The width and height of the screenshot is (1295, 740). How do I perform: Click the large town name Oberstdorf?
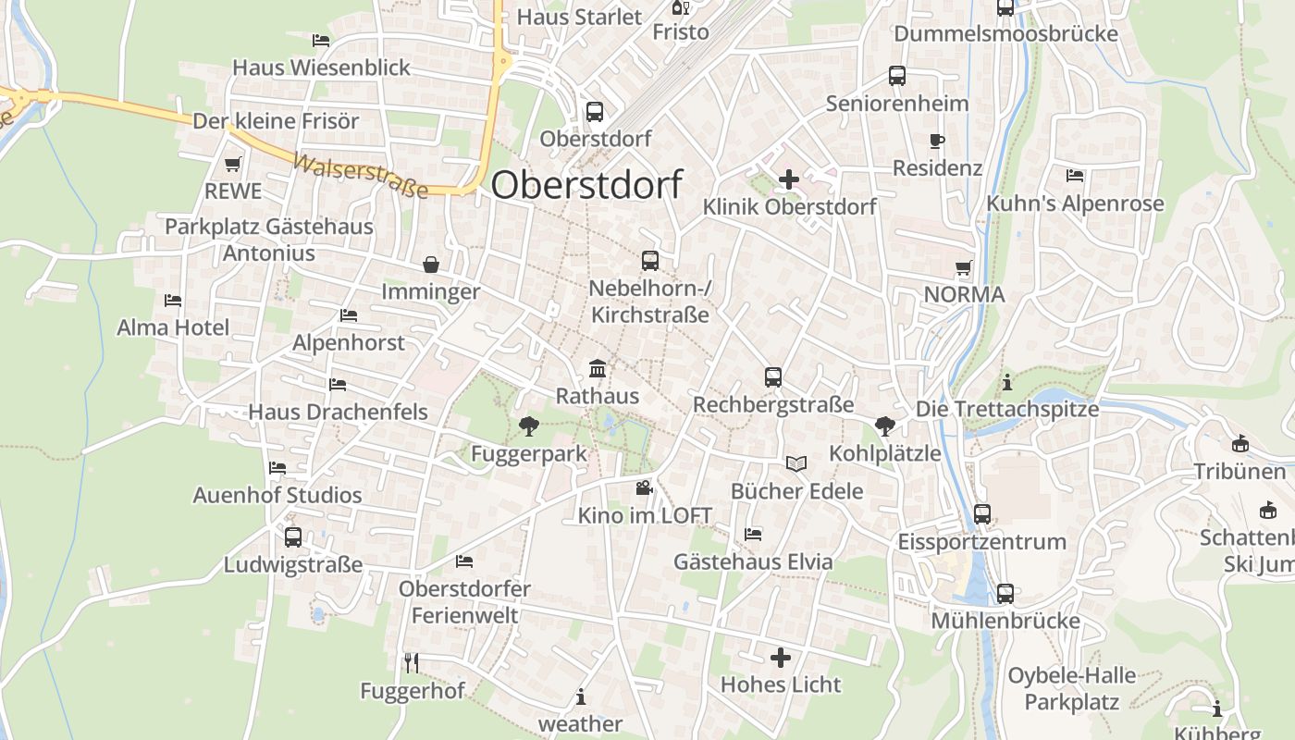[586, 184]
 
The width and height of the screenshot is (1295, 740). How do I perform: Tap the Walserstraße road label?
[361, 176]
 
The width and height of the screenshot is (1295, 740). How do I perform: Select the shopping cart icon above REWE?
[232, 165]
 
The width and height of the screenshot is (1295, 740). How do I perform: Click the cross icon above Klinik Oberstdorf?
[789, 179]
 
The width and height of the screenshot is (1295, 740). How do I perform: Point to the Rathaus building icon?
[598, 369]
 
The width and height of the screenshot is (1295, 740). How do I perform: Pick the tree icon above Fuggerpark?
[529, 426]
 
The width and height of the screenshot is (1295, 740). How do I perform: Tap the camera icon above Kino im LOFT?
[645, 487]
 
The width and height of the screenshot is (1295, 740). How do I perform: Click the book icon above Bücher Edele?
[796, 463]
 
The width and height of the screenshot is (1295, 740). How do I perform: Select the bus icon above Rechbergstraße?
[773, 377]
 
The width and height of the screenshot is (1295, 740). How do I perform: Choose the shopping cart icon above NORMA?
[964, 268]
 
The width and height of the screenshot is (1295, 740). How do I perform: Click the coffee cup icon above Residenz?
[937, 142]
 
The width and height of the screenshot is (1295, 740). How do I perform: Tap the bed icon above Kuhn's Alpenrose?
[1075, 176]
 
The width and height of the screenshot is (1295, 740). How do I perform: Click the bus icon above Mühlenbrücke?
[1005, 594]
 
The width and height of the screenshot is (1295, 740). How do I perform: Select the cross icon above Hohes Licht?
[781, 658]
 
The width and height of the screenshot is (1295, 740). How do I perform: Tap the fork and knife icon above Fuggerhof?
[412, 662]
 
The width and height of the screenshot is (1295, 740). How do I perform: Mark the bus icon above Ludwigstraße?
[293, 536]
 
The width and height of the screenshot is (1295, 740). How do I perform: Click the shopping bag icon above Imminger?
[431, 265]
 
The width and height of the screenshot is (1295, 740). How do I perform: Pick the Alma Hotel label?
[173, 327]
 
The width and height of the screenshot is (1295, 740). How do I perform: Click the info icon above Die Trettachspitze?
[1007, 381]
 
